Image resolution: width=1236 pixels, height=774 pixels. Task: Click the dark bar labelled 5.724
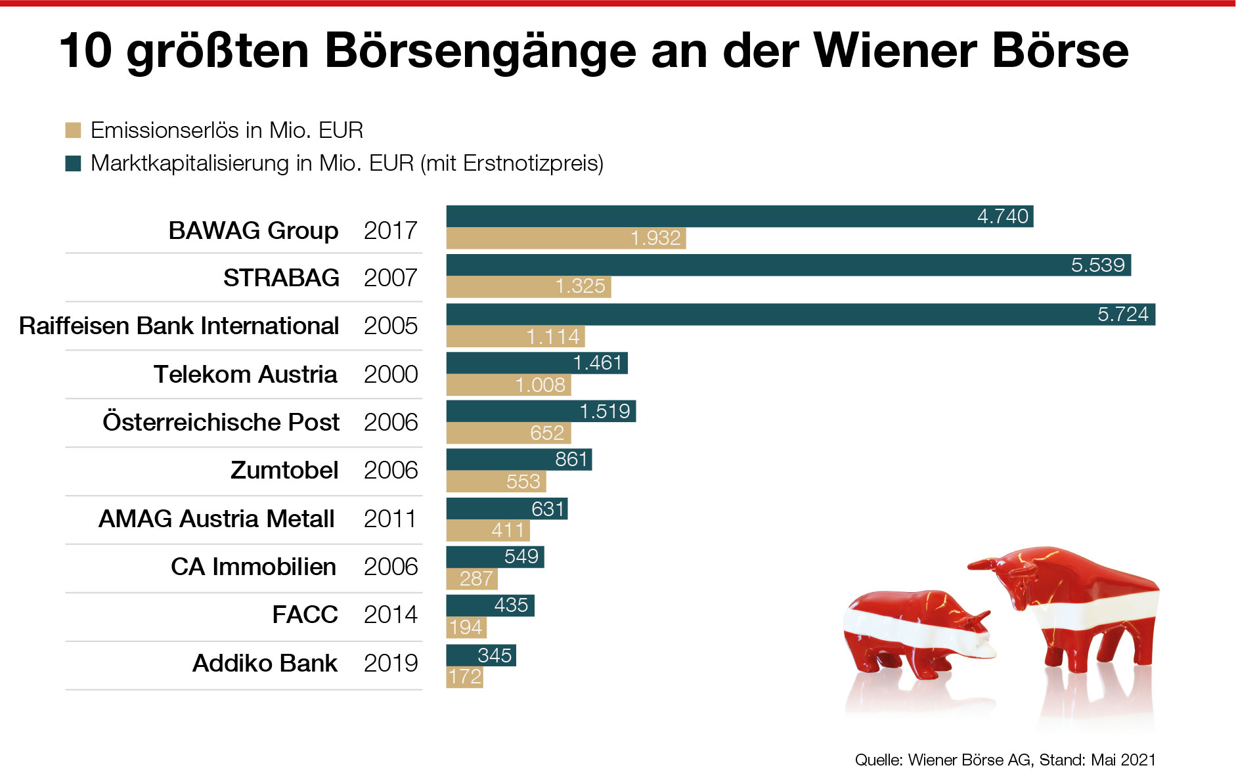click(800, 314)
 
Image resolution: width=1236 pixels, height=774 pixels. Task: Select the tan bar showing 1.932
click(565, 238)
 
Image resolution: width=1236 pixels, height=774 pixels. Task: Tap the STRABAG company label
click(281, 278)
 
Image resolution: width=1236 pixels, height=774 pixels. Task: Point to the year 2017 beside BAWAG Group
click(390, 230)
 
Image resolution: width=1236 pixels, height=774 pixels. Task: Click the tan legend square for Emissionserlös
click(73, 130)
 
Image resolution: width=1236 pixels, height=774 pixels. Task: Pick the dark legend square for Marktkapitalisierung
click(73, 163)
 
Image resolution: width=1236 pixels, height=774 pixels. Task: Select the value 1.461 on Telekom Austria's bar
click(597, 363)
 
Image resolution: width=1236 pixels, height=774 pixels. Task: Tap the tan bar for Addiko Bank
click(464, 677)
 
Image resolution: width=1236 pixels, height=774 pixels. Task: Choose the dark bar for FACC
click(490, 605)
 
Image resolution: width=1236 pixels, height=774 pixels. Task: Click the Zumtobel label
click(284, 470)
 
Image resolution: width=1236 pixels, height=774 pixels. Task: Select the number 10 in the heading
click(86, 51)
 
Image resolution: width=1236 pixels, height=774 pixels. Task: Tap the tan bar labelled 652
click(508, 433)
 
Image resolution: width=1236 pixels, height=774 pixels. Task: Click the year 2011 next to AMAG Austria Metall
click(390, 519)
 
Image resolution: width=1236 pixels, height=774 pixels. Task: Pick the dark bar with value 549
click(495, 557)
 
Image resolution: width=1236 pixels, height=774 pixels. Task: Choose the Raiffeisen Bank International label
click(179, 326)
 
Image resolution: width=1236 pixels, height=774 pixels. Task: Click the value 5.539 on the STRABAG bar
click(1097, 265)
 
